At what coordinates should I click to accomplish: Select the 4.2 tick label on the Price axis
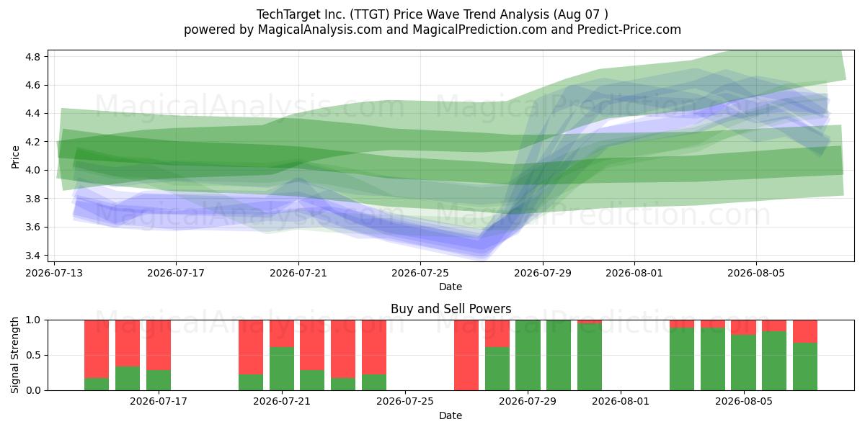pyautogui.click(x=32, y=142)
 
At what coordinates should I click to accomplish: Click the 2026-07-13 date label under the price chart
pyautogui.click(x=54, y=273)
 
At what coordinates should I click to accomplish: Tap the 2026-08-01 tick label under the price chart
pyautogui.click(x=634, y=273)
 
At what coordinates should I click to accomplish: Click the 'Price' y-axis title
pyautogui.click(x=15, y=157)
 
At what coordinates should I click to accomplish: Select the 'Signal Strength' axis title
pyautogui.click(x=15, y=355)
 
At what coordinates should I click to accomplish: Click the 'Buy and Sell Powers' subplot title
pyautogui.click(x=451, y=309)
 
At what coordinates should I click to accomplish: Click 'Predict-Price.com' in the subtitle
pyautogui.click(x=629, y=30)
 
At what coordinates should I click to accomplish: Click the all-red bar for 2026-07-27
pyautogui.click(x=466, y=355)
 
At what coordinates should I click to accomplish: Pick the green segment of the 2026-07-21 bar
pyautogui.click(x=282, y=369)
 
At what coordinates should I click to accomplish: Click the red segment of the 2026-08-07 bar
pyautogui.click(x=805, y=331)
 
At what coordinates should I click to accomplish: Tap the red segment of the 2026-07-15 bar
pyautogui.click(x=128, y=343)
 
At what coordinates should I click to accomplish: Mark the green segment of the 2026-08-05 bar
pyautogui.click(x=743, y=363)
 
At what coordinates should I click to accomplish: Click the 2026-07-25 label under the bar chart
pyautogui.click(x=404, y=401)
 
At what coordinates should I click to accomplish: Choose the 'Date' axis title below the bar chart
pyautogui.click(x=451, y=415)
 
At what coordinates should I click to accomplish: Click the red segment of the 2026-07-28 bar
pyautogui.click(x=497, y=333)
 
